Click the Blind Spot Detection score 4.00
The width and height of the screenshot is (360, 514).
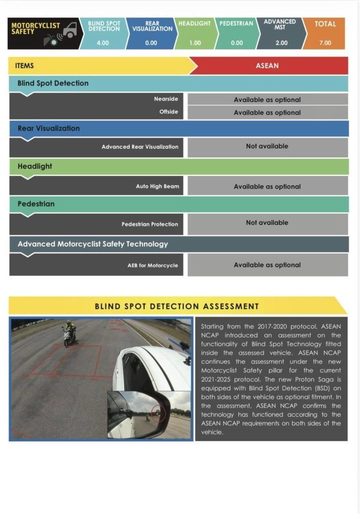(103, 43)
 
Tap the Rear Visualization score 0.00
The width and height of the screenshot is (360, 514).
(151, 43)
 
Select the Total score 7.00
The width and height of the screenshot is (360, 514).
(325, 43)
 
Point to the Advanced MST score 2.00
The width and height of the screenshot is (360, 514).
(281, 43)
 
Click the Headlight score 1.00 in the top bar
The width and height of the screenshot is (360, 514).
(195, 43)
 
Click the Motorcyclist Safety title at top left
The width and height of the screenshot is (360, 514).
(35, 28)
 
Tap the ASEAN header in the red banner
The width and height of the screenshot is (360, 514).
(267, 66)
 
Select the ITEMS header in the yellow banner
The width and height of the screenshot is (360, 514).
(25, 66)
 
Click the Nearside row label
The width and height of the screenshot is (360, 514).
(166, 99)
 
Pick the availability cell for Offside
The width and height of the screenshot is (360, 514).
(267, 113)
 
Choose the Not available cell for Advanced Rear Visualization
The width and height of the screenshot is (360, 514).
(267, 146)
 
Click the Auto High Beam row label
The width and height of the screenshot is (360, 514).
(157, 186)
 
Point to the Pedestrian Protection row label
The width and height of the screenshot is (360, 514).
(150, 224)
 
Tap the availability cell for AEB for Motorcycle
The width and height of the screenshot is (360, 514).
(267, 265)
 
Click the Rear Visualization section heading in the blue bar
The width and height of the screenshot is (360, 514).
(48, 128)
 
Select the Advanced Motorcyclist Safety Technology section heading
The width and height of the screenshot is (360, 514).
(93, 244)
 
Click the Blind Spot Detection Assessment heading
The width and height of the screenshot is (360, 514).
(176, 306)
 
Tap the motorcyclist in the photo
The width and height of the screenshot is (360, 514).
(69, 334)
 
